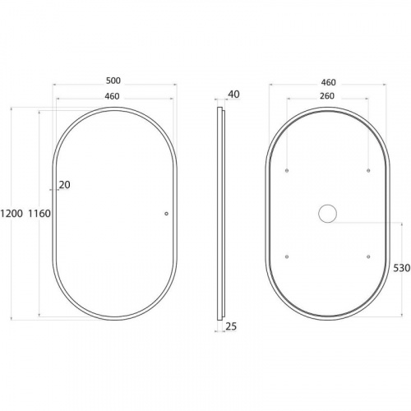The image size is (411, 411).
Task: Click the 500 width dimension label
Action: point(113,81)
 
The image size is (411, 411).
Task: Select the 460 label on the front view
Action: point(112,96)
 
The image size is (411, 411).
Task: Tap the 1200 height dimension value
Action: point(12,213)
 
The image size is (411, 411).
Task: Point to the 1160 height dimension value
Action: point(39,214)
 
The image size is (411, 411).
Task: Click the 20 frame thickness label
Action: point(65,185)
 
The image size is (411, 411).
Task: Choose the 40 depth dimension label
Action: point(233,95)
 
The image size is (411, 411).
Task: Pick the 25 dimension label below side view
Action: point(231,326)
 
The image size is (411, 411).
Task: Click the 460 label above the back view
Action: point(328,82)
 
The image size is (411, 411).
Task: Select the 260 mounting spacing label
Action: point(327,96)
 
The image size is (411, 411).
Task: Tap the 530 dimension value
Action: point(402,268)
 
